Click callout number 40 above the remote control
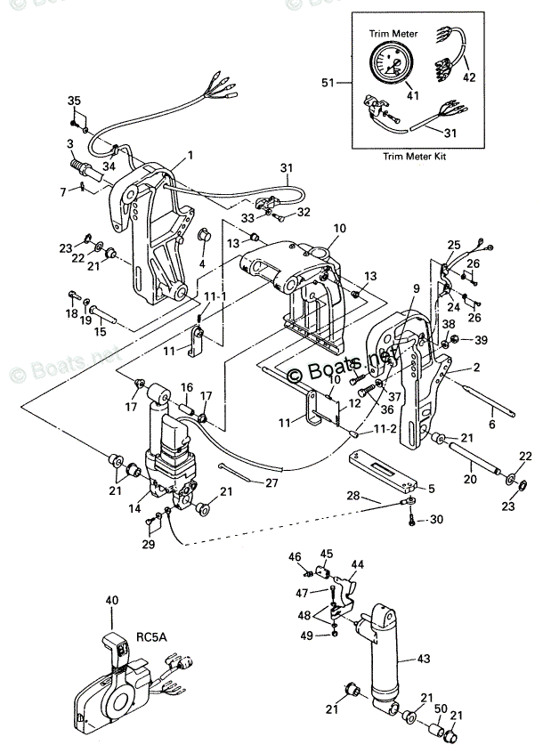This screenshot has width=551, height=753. pos(111,602)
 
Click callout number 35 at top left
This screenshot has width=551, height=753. pos(74,100)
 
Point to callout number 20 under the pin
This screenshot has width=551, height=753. pos(470,479)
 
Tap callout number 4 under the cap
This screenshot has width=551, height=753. pos(202,264)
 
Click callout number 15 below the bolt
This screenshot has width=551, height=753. pos(101,332)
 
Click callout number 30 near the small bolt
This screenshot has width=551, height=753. pos(435,519)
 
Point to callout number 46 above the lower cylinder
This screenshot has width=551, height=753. pos(296,556)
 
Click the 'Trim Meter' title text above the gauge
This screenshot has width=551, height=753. pos(393,33)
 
